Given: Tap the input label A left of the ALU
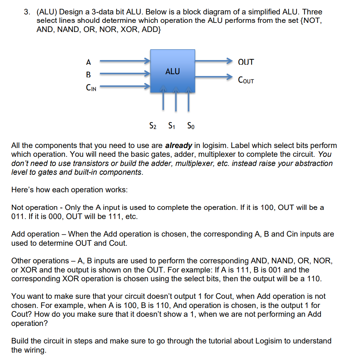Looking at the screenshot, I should point(88,62).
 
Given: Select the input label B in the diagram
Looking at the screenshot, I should point(88,75).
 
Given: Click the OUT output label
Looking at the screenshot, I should point(246,62).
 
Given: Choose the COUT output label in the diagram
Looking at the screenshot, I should point(246,81).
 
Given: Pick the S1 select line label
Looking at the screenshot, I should point(172,125).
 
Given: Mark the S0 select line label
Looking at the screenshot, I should point(190,125).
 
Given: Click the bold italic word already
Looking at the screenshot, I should point(178,145).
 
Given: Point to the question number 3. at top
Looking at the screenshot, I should point(27,12).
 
